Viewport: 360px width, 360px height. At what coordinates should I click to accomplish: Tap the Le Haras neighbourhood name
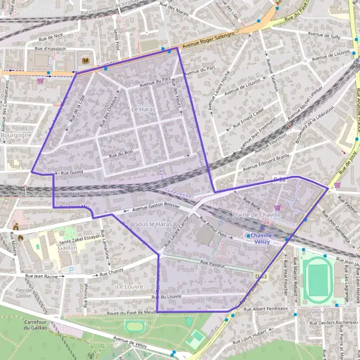[x=143, y=109]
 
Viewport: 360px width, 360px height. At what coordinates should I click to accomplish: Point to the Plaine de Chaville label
[x=257, y=215]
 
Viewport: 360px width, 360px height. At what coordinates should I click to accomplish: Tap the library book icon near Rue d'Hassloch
[x=85, y=61]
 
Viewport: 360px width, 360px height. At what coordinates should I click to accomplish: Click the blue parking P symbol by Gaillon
[x=72, y=270]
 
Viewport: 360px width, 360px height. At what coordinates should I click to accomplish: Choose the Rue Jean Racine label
[x=41, y=277]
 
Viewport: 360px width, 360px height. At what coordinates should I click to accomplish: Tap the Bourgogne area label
[x=16, y=136]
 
